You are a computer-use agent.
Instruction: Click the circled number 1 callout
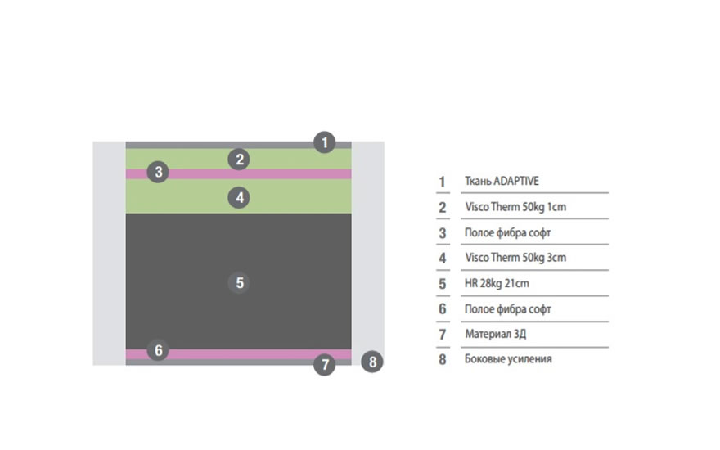[325, 142]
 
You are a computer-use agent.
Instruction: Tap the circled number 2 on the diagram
[239, 160]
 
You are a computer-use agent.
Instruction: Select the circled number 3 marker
[158, 172]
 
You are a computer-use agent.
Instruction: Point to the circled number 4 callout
[239, 198]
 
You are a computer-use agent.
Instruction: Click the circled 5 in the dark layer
[239, 282]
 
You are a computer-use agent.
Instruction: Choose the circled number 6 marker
[158, 350]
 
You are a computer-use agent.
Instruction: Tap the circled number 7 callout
[325, 365]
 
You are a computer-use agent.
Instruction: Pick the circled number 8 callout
[372, 362]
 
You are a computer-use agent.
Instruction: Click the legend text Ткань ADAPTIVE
[502, 181]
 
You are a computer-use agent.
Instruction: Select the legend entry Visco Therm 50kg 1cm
[515, 207]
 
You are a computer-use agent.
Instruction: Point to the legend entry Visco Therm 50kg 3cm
[515, 257]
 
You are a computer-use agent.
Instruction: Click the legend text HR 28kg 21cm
[497, 283]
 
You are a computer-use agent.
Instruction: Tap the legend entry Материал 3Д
[496, 334]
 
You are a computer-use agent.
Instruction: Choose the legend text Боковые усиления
[508, 358]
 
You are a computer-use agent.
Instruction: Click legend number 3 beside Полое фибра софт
[442, 233]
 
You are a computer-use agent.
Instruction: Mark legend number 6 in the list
[442, 309]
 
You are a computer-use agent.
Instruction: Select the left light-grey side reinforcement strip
[110, 254]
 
